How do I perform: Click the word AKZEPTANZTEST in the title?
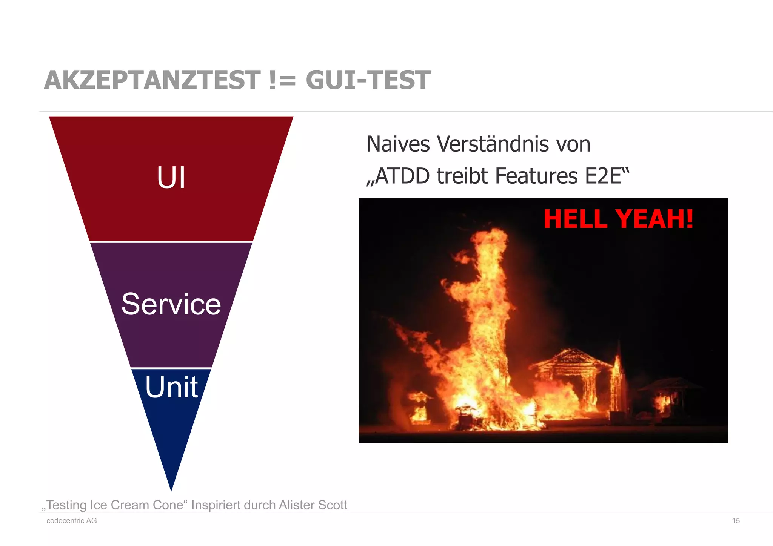pyautogui.click(x=152, y=80)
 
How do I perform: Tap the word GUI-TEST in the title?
pyautogui.click(x=368, y=80)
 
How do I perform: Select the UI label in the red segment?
pyautogui.click(x=171, y=178)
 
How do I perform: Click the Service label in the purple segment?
pyautogui.click(x=171, y=304)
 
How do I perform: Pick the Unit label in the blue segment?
pyautogui.click(x=171, y=387)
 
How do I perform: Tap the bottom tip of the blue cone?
pyautogui.click(x=171, y=488)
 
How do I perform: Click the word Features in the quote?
pyautogui.click(x=536, y=176)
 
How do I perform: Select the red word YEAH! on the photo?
pyautogui.click(x=654, y=219)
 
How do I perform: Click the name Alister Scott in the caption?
pyautogui.click(x=313, y=505)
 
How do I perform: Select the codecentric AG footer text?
pyautogui.click(x=72, y=521)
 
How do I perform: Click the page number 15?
pyautogui.click(x=736, y=521)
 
